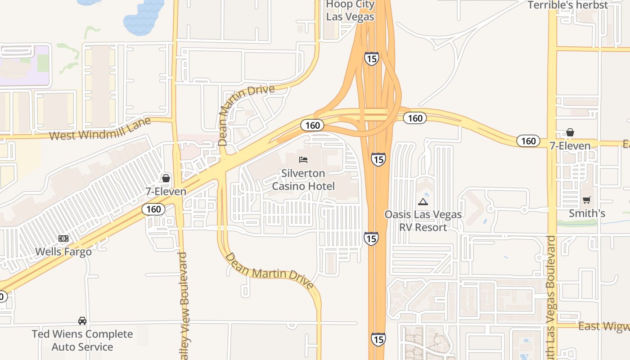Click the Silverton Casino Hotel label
tap(303, 180)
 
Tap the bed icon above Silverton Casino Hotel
tap(303, 160)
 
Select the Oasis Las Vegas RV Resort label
tap(423, 220)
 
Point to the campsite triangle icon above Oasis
tap(423, 202)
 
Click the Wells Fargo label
tap(63, 252)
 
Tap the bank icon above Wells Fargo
tap(63, 238)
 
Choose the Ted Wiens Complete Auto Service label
tap(82, 341)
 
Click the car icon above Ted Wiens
tap(82, 321)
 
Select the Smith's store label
tap(587, 213)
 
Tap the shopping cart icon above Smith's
tap(587, 200)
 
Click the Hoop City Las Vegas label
tap(350, 11)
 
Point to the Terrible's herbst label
tap(568, 5)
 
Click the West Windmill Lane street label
tap(106, 129)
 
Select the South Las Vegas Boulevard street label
tap(552, 297)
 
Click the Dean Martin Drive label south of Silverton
tap(270, 270)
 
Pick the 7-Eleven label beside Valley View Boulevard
tap(166, 191)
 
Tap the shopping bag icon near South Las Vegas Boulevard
tap(570, 132)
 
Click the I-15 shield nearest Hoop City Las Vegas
tap(371, 58)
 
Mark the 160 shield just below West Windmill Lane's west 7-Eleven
tap(153, 209)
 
